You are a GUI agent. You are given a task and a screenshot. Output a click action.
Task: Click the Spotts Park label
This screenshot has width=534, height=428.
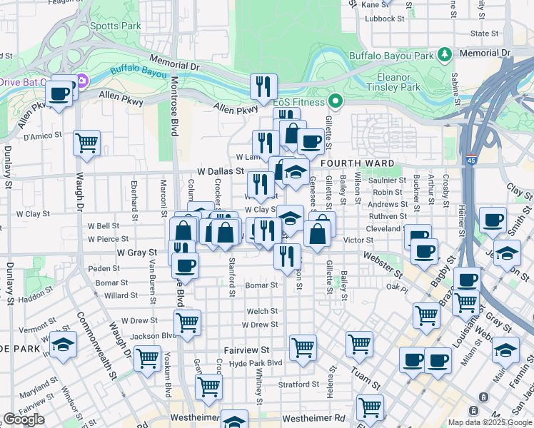pos(116,26)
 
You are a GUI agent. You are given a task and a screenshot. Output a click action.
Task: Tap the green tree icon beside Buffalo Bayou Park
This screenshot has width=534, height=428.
pos(445,54)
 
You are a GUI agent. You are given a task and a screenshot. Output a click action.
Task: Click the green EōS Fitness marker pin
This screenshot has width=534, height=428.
pos(334,100)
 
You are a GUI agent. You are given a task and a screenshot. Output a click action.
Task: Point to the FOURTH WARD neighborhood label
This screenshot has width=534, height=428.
pos(357,163)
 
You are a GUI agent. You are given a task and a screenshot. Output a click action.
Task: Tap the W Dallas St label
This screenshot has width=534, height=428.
pos(221,172)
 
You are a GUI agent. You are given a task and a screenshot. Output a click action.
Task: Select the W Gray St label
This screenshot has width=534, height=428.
pos(137,253)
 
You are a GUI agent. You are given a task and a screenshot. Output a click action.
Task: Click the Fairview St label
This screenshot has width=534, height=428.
pos(246,350)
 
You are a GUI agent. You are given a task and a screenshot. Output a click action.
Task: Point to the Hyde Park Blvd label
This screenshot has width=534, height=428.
pos(256,363)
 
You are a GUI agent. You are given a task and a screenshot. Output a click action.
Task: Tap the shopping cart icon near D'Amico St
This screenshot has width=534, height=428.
pos(86,141)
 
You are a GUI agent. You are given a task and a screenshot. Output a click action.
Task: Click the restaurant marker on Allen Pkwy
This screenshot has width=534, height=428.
pos(263,87)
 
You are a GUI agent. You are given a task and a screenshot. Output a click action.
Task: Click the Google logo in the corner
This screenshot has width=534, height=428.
pos(24,419)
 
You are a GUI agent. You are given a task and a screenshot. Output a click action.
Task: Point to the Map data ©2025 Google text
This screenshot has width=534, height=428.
pos(490,422)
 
